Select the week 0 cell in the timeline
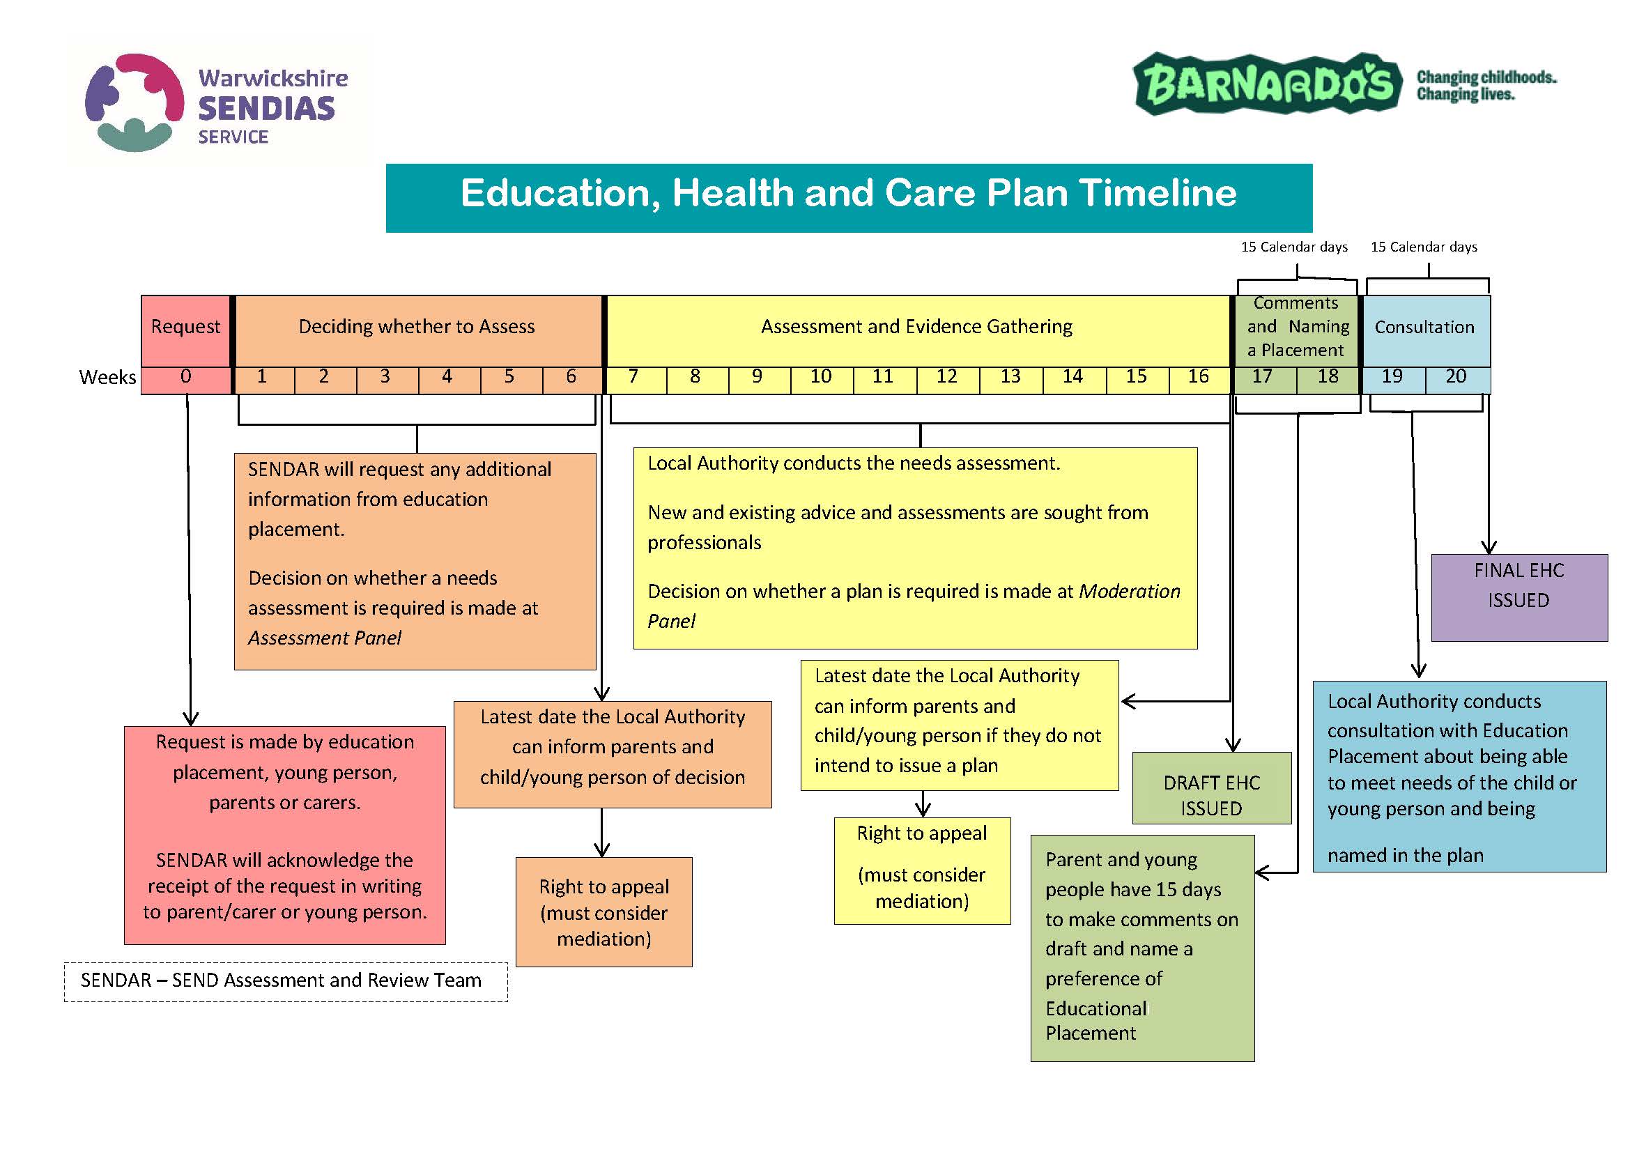(x=185, y=377)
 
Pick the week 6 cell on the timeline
(x=571, y=377)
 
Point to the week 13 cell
(x=1010, y=377)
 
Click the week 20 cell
(x=1456, y=377)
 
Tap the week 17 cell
(x=1263, y=377)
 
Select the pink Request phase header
(x=185, y=328)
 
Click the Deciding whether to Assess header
(x=417, y=328)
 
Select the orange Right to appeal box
(x=603, y=911)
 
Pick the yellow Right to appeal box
(x=921, y=870)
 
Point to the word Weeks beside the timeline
(x=107, y=377)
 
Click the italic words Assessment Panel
(x=325, y=639)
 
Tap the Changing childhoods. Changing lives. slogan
(x=1486, y=85)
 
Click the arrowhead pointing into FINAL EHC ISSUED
(x=1489, y=548)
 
